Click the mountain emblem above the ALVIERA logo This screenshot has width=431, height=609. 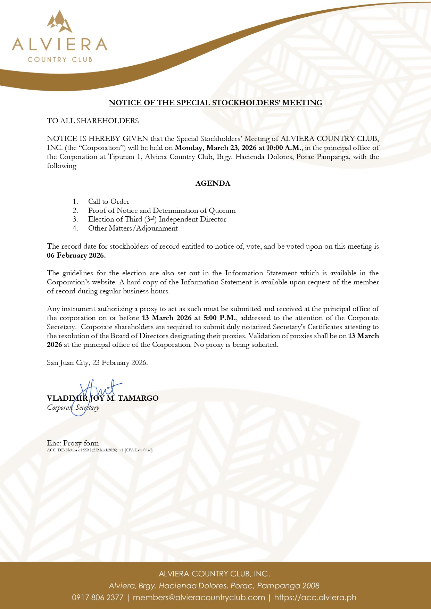pos(60,22)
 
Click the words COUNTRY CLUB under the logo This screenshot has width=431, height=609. pos(60,59)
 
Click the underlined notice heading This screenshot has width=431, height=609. pos(215,103)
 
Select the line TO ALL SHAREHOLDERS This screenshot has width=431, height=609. pos(93,121)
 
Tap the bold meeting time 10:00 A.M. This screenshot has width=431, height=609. pos(284,148)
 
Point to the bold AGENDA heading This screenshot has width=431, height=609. pos(213,183)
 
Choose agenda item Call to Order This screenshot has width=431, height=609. pos(108,201)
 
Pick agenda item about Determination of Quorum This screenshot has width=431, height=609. pos(161,210)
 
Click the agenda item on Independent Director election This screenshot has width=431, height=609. pos(157,219)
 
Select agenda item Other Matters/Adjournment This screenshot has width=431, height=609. pos(133,228)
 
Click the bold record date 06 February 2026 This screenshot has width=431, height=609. pos(76,256)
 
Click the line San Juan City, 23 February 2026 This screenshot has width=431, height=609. pos(97,363)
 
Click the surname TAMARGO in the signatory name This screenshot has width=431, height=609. pos(138,398)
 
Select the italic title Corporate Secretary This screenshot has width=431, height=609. pos(73,408)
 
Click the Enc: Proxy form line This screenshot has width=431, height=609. pos(73,443)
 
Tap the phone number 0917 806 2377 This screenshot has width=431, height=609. pos(98,598)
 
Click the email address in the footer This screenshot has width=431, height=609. pos(199,598)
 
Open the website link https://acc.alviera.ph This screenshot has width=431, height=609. pos(315,598)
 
